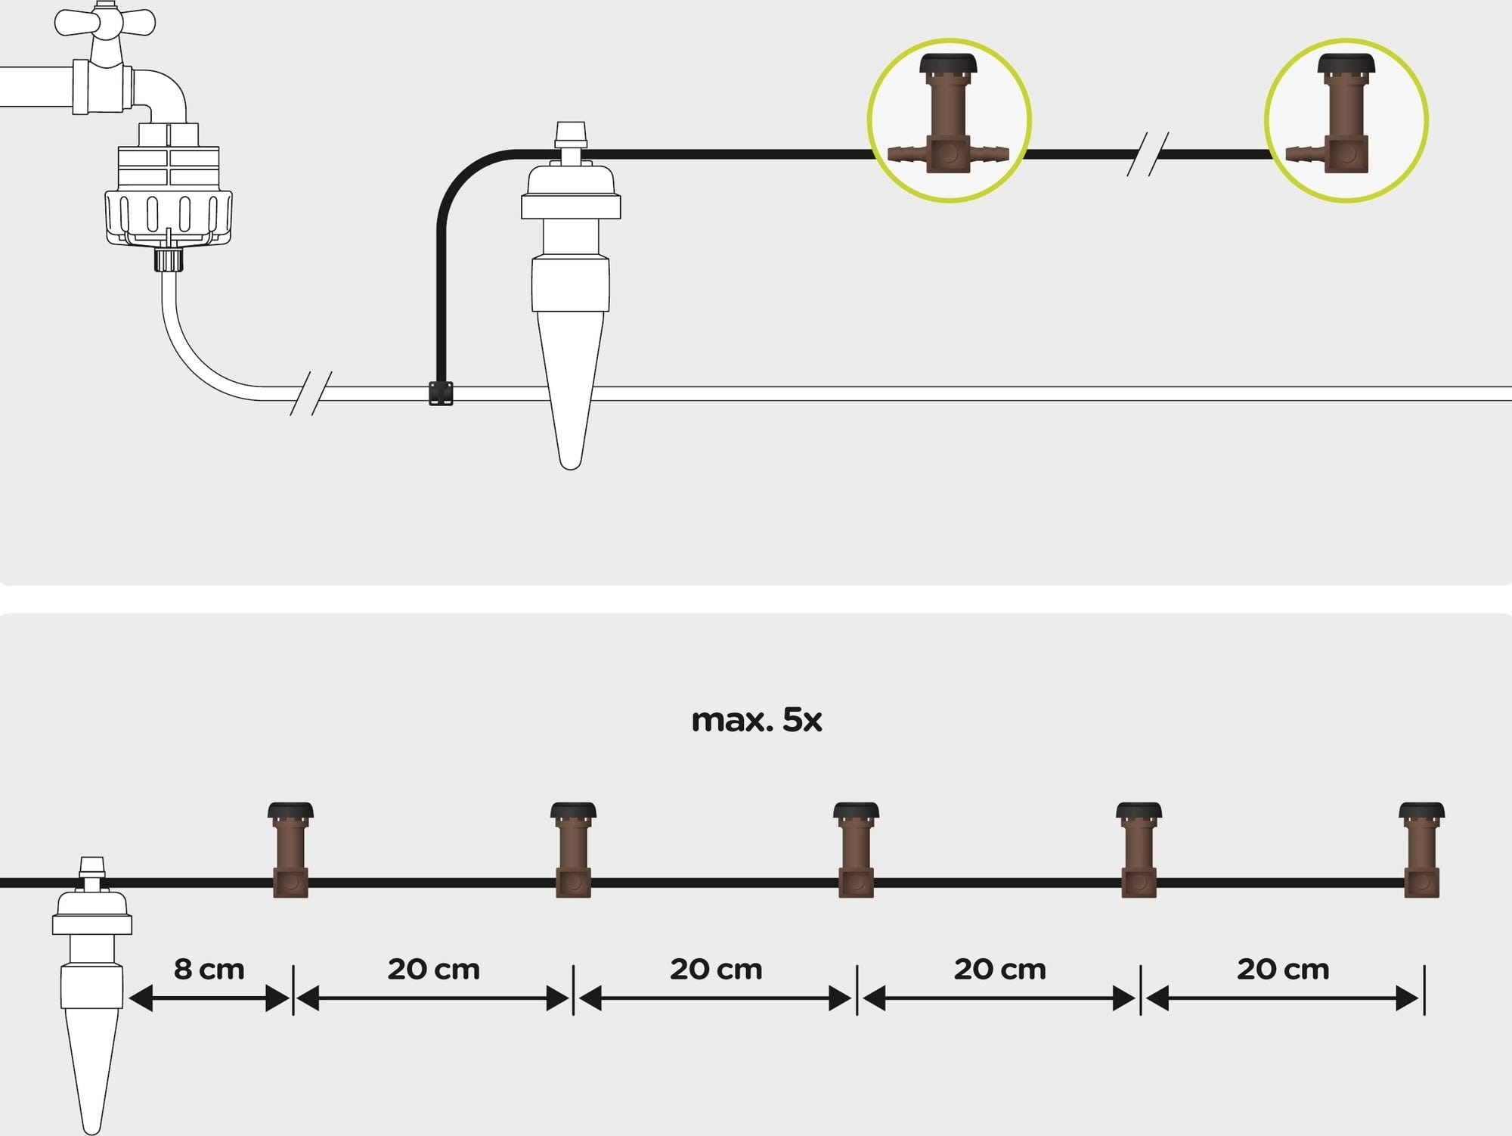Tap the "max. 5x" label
pyautogui.click(x=756, y=720)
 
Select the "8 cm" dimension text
pyautogui.click(x=209, y=970)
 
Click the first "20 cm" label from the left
pyautogui.click(x=433, y=970)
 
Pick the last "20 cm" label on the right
pyautogui.click(x=1282, y=970)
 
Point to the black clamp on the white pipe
pyautogui.click(x=441, y=393)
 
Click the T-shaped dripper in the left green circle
pyautogui.click(x=948, y=121)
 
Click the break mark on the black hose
pyautogui.click(x=1148, y=154)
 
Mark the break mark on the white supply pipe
pyautogui.click(x=311, y=393)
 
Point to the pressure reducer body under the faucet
pyautogui.click(x=168, y=189)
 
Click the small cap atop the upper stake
pyautogui.click(x=571, y=135)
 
